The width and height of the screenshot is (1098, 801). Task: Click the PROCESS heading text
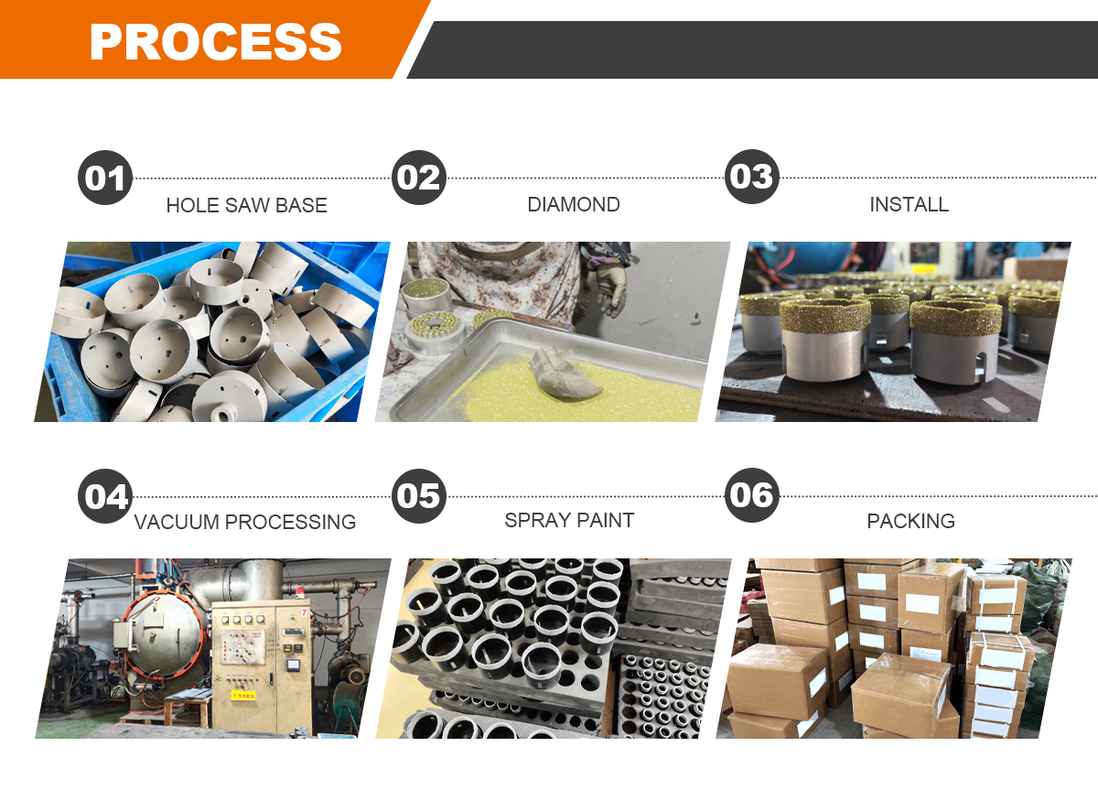point(216,42)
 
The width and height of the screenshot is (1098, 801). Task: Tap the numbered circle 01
point(105,178)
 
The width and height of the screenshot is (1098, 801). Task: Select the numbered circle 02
point(419,177)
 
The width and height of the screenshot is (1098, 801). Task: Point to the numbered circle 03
point(751,177)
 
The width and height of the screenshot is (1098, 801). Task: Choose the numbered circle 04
point(105,496)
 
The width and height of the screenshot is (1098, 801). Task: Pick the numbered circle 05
point(419,495)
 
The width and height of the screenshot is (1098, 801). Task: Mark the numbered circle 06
point(751,495)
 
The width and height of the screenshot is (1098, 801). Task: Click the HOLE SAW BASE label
point(246,206)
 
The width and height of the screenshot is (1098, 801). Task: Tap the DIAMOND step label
point(574,204)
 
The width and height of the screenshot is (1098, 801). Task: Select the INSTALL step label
point(909,204)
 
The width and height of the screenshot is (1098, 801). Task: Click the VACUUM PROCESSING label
point(245,522)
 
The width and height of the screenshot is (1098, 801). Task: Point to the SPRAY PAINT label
point(569,521)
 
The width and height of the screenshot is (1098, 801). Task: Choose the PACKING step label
point(910,521)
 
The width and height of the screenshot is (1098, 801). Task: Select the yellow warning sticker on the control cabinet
point(243,695)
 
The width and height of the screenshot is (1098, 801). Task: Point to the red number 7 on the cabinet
point(304,612)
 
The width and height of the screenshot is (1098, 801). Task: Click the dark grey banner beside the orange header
point(752,49)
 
